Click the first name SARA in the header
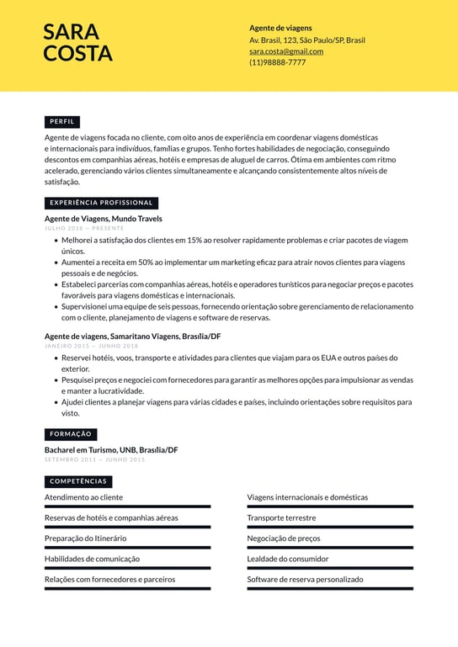click(x=71, y=32)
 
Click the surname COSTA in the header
click(x=77, y=54)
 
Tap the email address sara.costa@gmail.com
click(x=285, y=51)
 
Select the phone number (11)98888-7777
click(x=277, y=62)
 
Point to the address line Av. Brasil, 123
click(x=306, y=40)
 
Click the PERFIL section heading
click(x=61, y=122)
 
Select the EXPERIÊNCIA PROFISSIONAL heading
click(x=101, y=203)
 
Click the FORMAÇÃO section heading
click(x=71, y=434)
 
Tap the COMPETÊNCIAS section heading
click(x=78, y=481)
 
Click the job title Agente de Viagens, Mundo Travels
click(x=103, y=219)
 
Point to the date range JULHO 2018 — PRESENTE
click(x=83, y=228)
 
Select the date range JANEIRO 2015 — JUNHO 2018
click(x=91, y=346)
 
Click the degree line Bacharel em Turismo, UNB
click(x=110, y=450)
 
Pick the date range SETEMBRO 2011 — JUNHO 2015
click(x=94, y=459)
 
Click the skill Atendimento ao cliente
click(x=83, y=497)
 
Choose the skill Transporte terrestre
click(x=281, y=517)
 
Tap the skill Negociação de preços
click(x=283, y=538)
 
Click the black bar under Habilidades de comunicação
click(x=127, y=568)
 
